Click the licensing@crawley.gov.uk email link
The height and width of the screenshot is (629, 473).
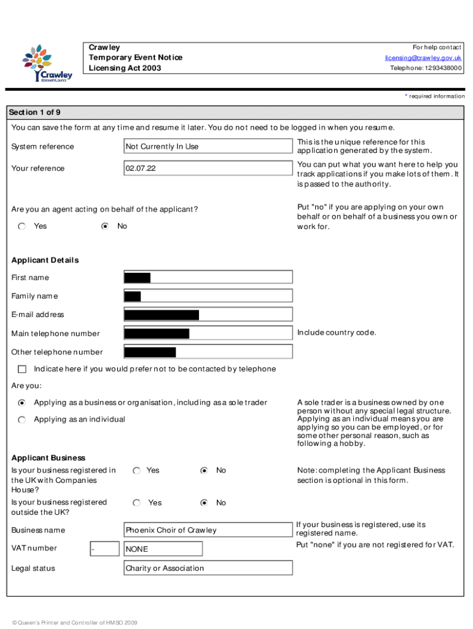click(423, 58)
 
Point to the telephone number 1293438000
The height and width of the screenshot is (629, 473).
click(426, 68)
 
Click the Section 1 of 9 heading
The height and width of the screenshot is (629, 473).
click(34, 112)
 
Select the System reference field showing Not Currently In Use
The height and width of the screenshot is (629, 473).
click(208, 146)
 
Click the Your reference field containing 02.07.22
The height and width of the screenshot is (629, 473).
click(208, 168)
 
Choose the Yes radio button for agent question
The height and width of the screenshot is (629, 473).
click(22, 226)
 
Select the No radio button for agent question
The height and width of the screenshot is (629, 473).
click(105, 226)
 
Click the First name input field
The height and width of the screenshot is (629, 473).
click(208, 278)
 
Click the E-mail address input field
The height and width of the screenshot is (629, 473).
click(208, 315)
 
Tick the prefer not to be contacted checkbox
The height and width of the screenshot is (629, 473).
click(22, 369)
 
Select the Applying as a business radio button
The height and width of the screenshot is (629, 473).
click(22, 403)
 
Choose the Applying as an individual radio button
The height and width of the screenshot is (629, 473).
click(22, 420)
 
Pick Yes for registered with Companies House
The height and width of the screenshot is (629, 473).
click(136, 471)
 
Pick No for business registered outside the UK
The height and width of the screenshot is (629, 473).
click(205, 503)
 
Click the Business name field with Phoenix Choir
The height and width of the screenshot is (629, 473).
click(208, 530)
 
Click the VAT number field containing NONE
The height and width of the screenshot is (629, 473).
click(163, 549)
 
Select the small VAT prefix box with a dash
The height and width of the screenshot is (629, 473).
click(104, 549)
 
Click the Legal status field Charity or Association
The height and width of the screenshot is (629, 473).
click(208, 568)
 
